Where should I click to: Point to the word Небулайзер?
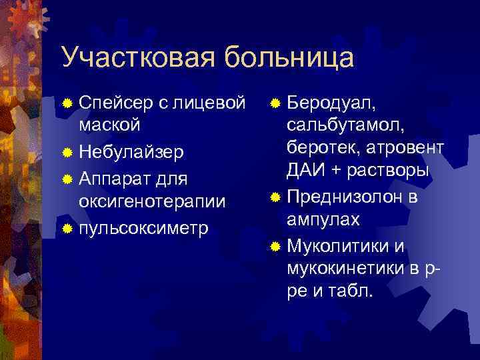point(131,152)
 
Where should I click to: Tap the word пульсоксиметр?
point(143,229)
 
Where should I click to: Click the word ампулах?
point(323,219)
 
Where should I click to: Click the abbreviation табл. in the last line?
point(353,291)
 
